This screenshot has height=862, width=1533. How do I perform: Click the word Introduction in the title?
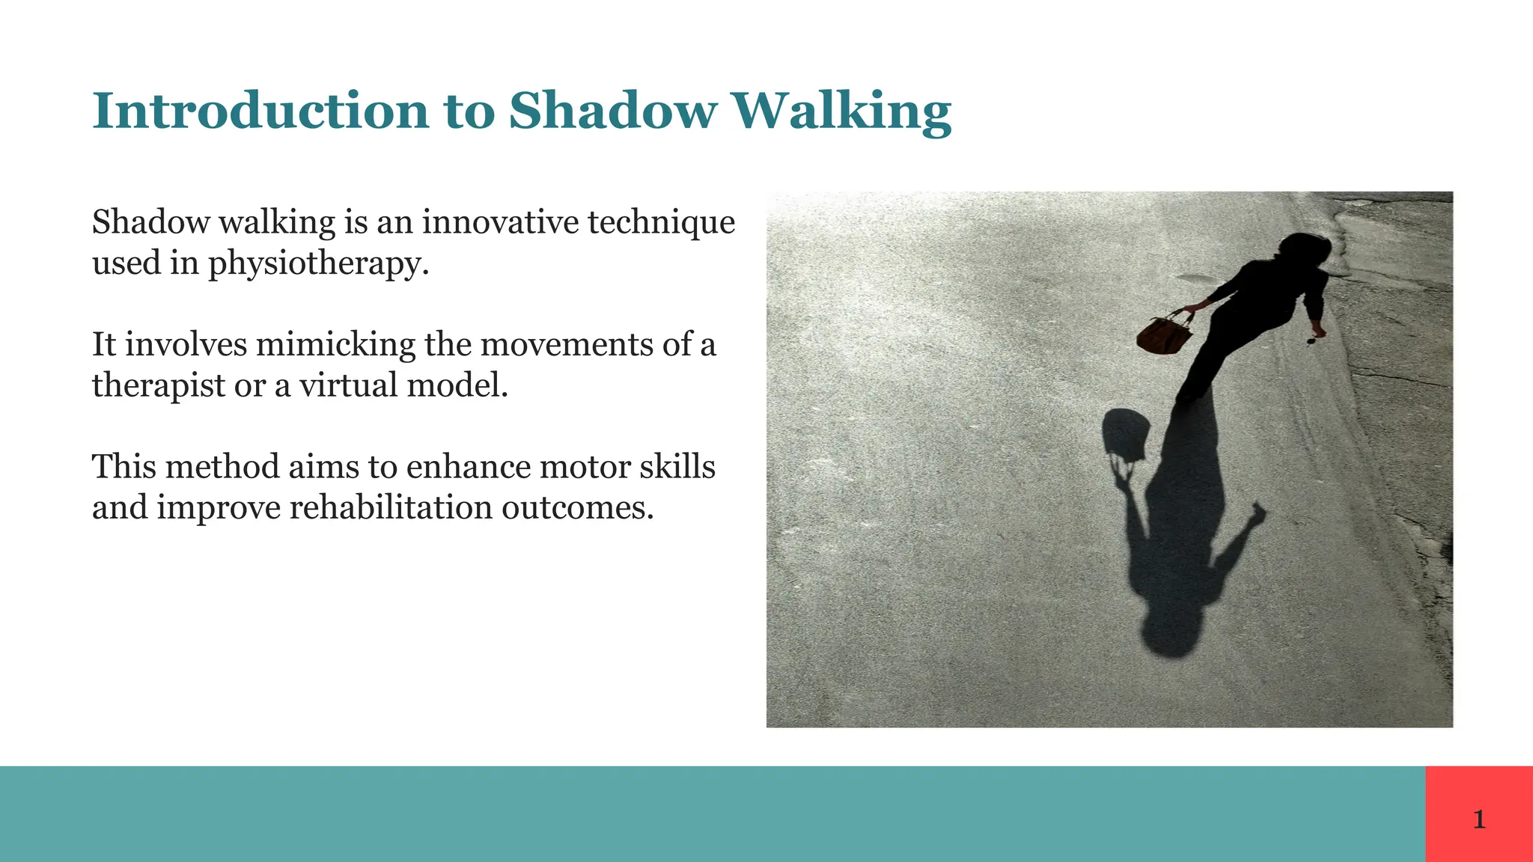tap(260, 111)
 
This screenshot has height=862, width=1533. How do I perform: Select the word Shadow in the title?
tap(612, 111)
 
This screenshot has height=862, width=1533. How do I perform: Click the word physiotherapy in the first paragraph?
tap(318, 263)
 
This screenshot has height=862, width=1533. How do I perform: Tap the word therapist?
tap(159, 385)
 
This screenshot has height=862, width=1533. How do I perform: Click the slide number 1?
tap(1479, 820)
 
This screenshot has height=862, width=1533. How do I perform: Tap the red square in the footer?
tap(1479, 793)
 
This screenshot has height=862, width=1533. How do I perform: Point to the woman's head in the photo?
tap(1304, 248)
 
